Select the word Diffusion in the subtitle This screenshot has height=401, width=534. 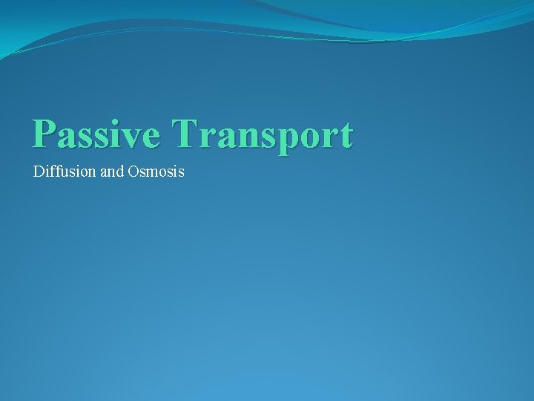pos(65,172)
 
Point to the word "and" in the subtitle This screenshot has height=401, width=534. pos(111,172)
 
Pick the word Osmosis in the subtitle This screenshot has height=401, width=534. pos(156,172)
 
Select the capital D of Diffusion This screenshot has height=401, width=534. pos(39,172)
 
